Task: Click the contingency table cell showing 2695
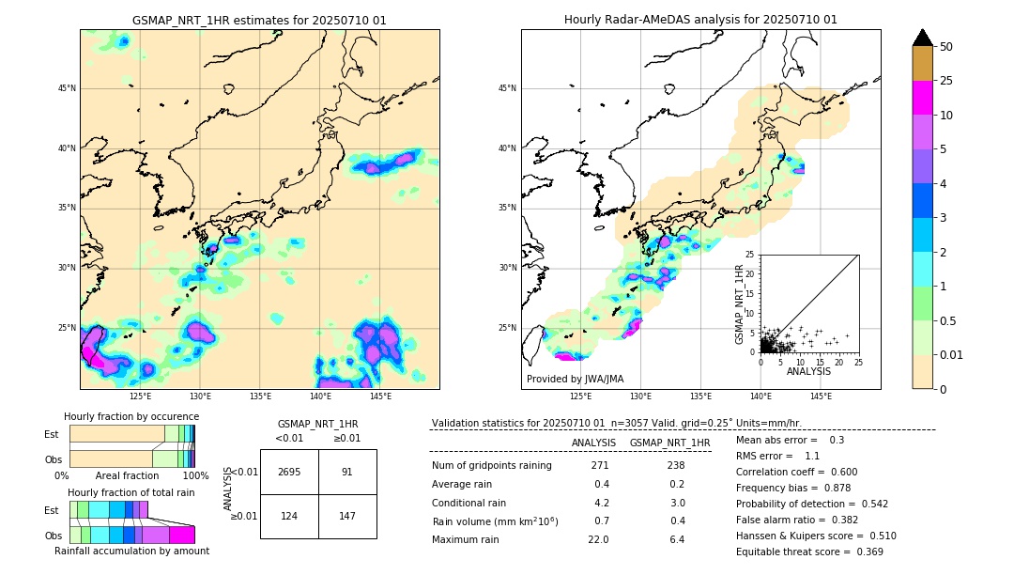coord(289,472)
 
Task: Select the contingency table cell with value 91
coord(347,472)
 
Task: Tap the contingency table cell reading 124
coord(289,516)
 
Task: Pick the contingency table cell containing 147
coord(347,516)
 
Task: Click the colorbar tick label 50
coord(946,47)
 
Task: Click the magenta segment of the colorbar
coord(923,98)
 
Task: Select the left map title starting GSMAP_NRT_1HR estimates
coord(259,20)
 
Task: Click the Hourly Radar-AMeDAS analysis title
coord(700,20)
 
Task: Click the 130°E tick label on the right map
coord(640,396)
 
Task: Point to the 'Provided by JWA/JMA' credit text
coord(575,379)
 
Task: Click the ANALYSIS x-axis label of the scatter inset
coord(808,371)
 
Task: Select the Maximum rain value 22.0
coord(599,539)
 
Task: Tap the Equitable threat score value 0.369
coord(862,552)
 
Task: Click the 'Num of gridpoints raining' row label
coord(491,465)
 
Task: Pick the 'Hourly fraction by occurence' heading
coord(131,416)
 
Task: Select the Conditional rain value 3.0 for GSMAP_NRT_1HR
coord(677,503)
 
